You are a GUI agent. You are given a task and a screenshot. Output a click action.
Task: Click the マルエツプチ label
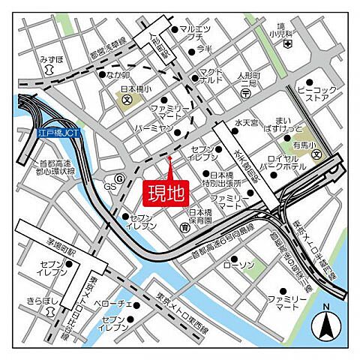coord(196,32)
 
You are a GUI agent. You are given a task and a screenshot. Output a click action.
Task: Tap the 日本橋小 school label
coord(135,88)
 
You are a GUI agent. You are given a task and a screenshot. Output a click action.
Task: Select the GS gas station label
coord(110,186)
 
